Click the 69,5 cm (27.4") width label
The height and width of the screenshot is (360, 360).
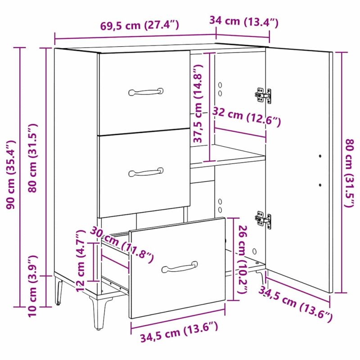pos(139,25)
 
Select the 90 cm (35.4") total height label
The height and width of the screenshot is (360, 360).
pos(11,175)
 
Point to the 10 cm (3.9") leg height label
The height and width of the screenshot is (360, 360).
pos(32,286)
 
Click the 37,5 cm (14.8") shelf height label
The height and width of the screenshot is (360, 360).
pos(198,103)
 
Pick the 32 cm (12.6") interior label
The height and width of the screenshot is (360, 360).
pos(247,116)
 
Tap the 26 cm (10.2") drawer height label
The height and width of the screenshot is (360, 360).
pos(243,260)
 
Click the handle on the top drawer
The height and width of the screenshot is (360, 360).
pos(146,92)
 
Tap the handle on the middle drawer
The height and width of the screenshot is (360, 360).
pos(146,172)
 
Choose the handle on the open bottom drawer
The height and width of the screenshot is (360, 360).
pos(180,267)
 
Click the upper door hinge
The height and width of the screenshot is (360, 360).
pos(263,95)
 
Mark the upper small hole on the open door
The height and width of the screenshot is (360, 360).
pos(320,156)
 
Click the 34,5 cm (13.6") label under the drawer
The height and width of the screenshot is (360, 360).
pos(179,332)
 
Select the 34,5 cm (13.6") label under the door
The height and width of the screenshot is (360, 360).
pos(296,304)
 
